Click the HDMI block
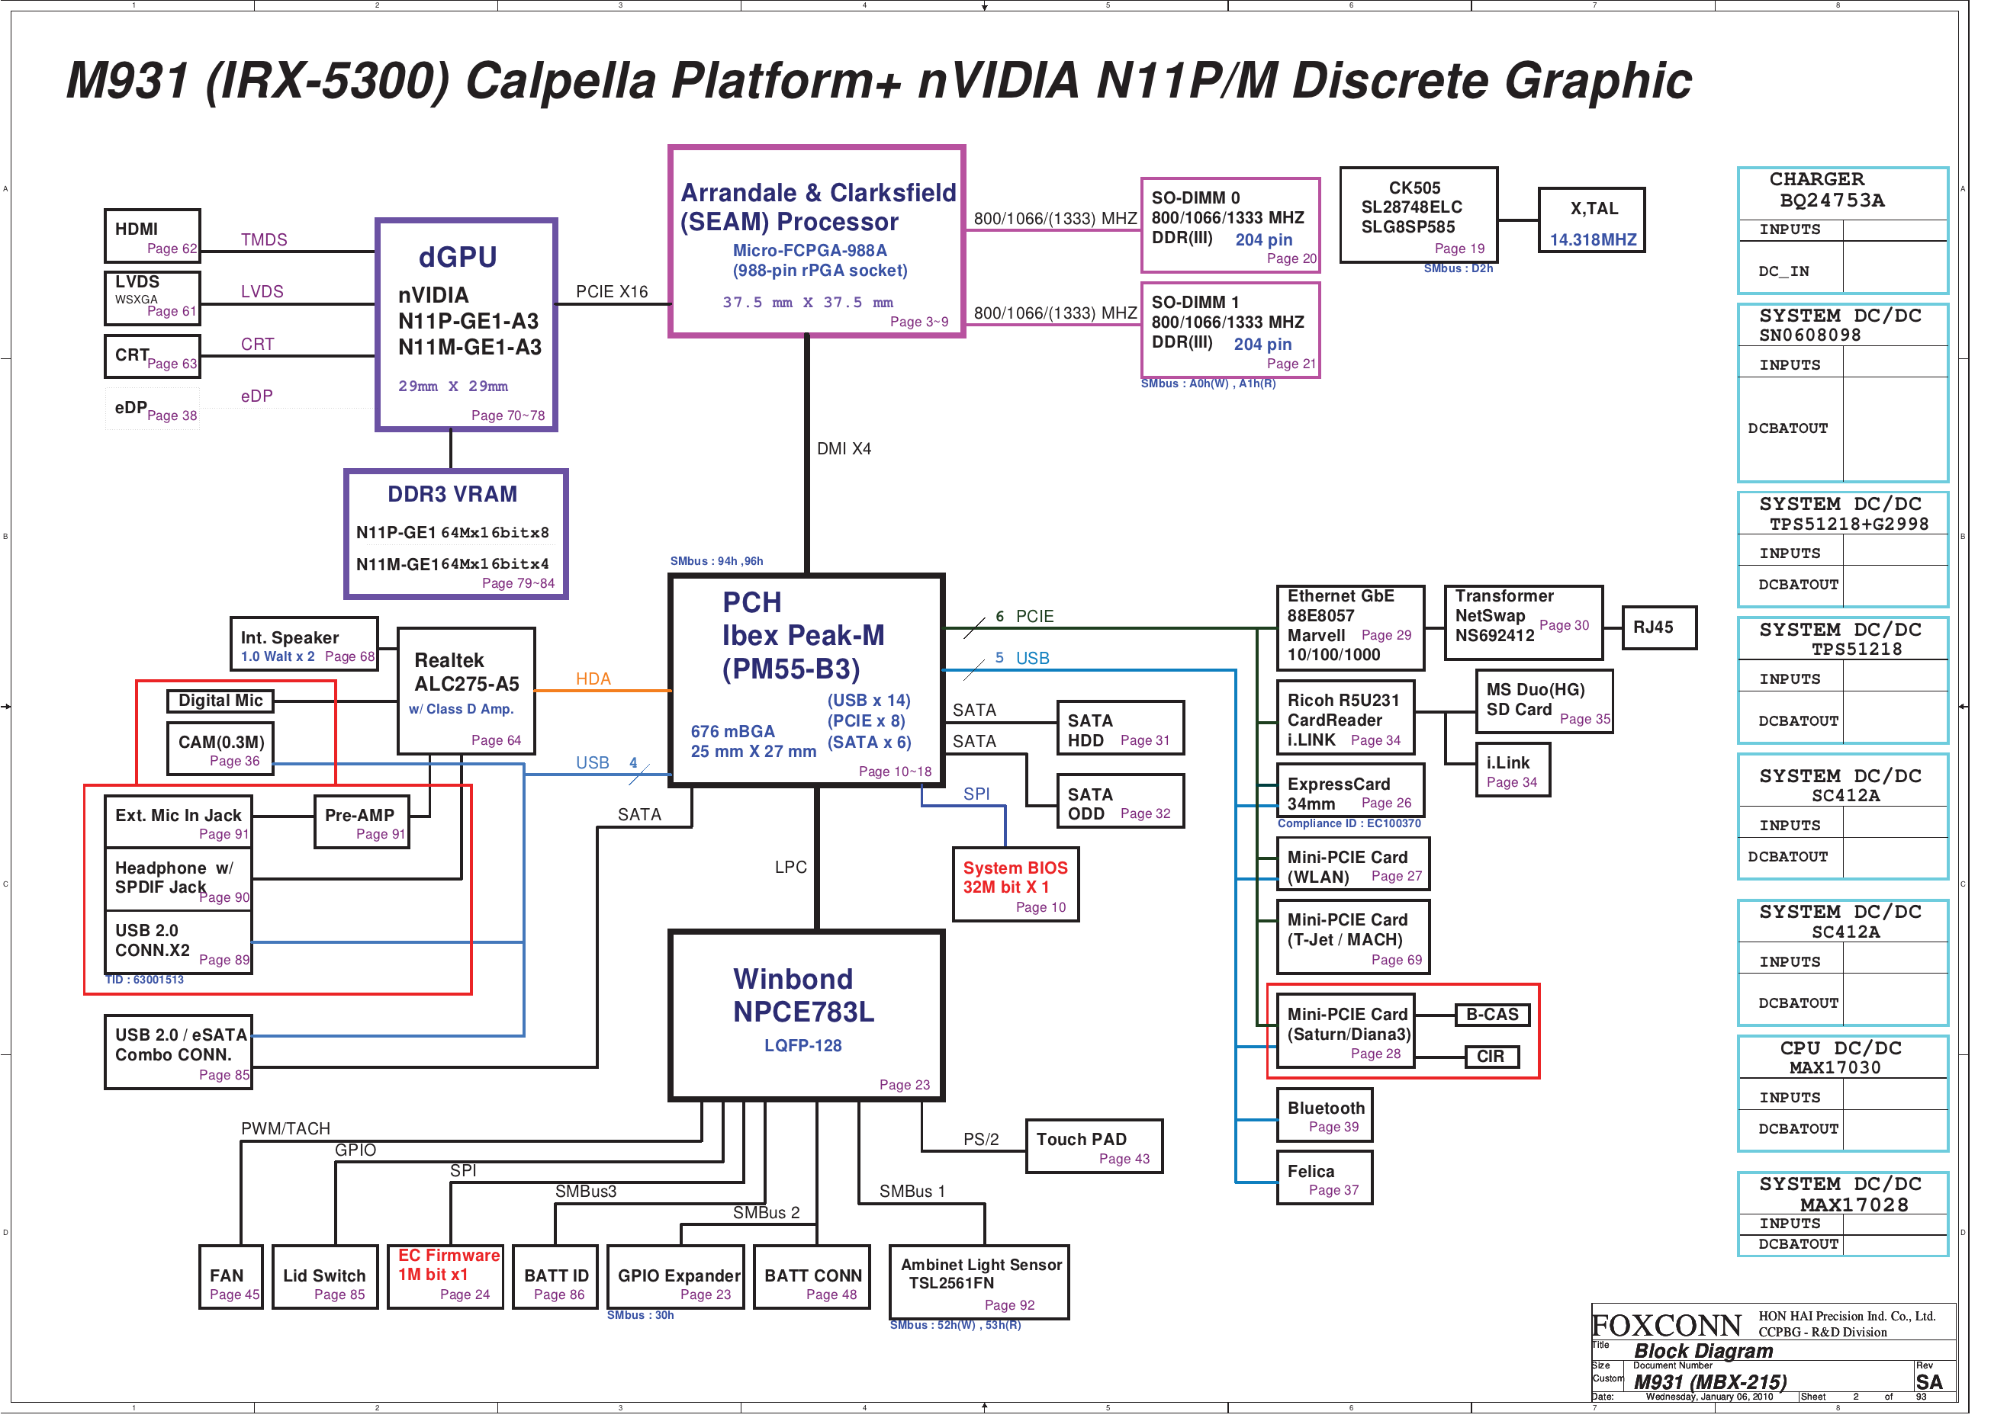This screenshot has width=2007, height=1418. [x=152, y=236]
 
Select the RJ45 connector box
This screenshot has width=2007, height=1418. [x=1658, y=627]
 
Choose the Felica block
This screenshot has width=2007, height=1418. [x=1324, y=1177]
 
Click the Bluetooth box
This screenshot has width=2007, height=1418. [x=1324, y=1114]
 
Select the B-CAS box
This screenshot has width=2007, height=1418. [x=1491, y=1015]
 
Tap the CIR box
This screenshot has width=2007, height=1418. [x=1491, y=1057]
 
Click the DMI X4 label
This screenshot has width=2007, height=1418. [x=844, y=448]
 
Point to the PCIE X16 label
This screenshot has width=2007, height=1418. [x=612, y=292]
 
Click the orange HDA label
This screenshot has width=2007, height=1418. [x=593, y=679]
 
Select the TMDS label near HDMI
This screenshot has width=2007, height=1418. [x=264, y=239]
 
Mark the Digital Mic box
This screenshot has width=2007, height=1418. [x=220, y=701]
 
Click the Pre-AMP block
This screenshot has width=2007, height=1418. [x=361, y=821]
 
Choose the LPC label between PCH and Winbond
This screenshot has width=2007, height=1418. [x=790, y=867]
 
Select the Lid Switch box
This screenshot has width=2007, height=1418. [x=324, y=1276]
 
